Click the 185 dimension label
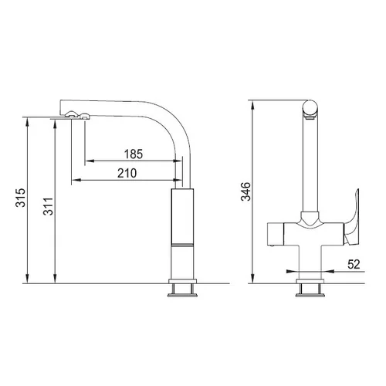134,154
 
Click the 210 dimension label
127,174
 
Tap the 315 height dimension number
21,198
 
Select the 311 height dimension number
48,206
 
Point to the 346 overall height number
245,191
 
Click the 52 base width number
354,264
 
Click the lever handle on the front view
352,218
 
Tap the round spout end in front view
310,108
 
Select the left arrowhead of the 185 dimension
89,161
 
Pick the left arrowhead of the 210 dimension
76,180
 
